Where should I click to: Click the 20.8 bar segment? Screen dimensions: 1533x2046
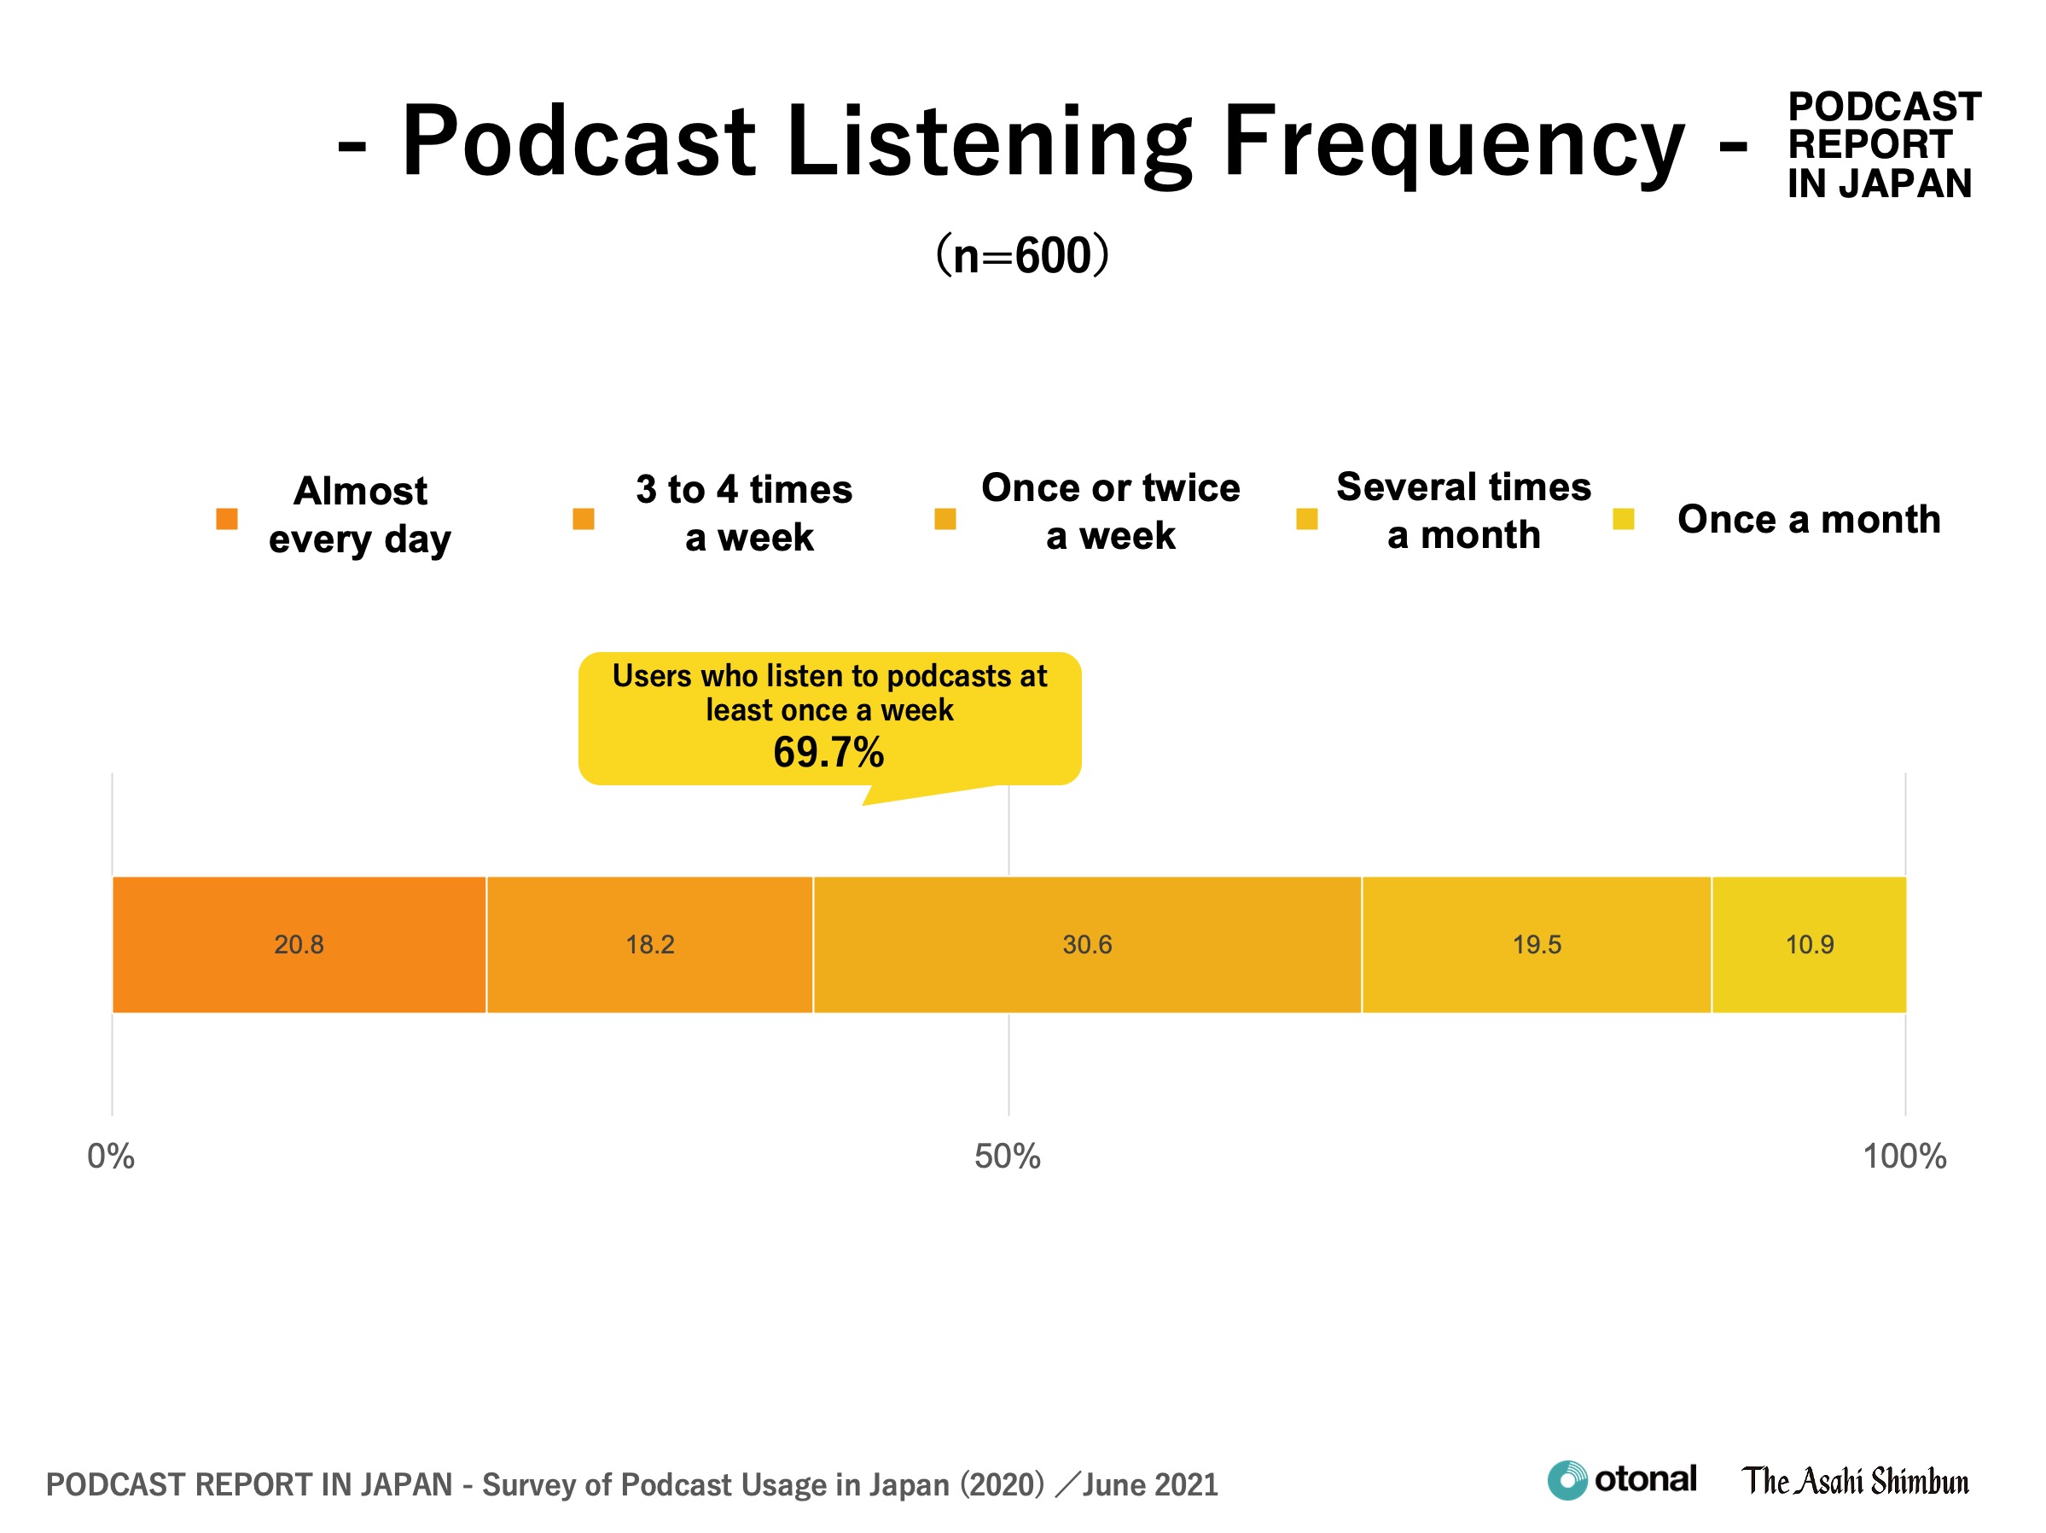(x=299, y=945)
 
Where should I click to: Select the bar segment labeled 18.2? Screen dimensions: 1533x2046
(x=649, y=945)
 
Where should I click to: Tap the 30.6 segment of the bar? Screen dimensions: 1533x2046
(x=1087, y=945)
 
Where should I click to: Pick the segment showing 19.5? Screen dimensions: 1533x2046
(x=1537, y=945)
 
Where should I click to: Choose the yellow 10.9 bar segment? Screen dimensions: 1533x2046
(x=1808, y=945)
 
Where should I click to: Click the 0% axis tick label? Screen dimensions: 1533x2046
(x=111, y=1157)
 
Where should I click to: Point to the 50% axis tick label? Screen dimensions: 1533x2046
(x=1008, y=1157)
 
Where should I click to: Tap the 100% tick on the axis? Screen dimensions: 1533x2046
(x=1904, y=1157)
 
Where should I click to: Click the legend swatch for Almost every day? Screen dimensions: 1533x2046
(x=227, y=519)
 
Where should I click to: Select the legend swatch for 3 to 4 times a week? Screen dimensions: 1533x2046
(x=584, y=519)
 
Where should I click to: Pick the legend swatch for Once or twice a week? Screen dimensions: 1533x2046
(x=945, y=519)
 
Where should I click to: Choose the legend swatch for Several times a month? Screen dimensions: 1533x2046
(x=1307, y=519)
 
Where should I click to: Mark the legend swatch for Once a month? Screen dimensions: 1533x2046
(x=1624, y=519)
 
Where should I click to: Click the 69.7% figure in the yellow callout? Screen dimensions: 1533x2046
(x=828, y=752)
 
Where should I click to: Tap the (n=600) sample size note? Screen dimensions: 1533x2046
(x=1022, y=255)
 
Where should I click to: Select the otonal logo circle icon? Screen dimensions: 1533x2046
(x=1566, y=1480)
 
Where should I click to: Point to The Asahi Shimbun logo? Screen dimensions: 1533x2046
(x=1856, y=1481)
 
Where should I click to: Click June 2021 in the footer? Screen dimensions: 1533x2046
(x=1151, y=1485)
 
